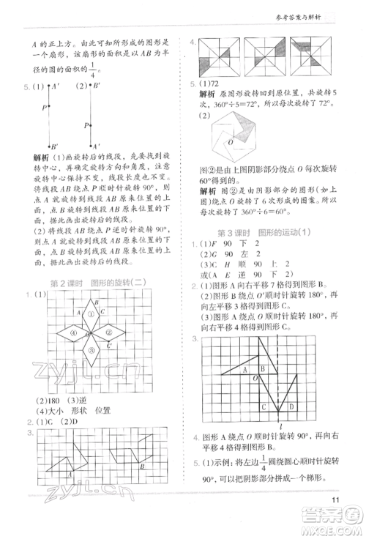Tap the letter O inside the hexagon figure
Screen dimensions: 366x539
click(230, 141)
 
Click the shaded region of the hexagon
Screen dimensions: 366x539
click(220, 132)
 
